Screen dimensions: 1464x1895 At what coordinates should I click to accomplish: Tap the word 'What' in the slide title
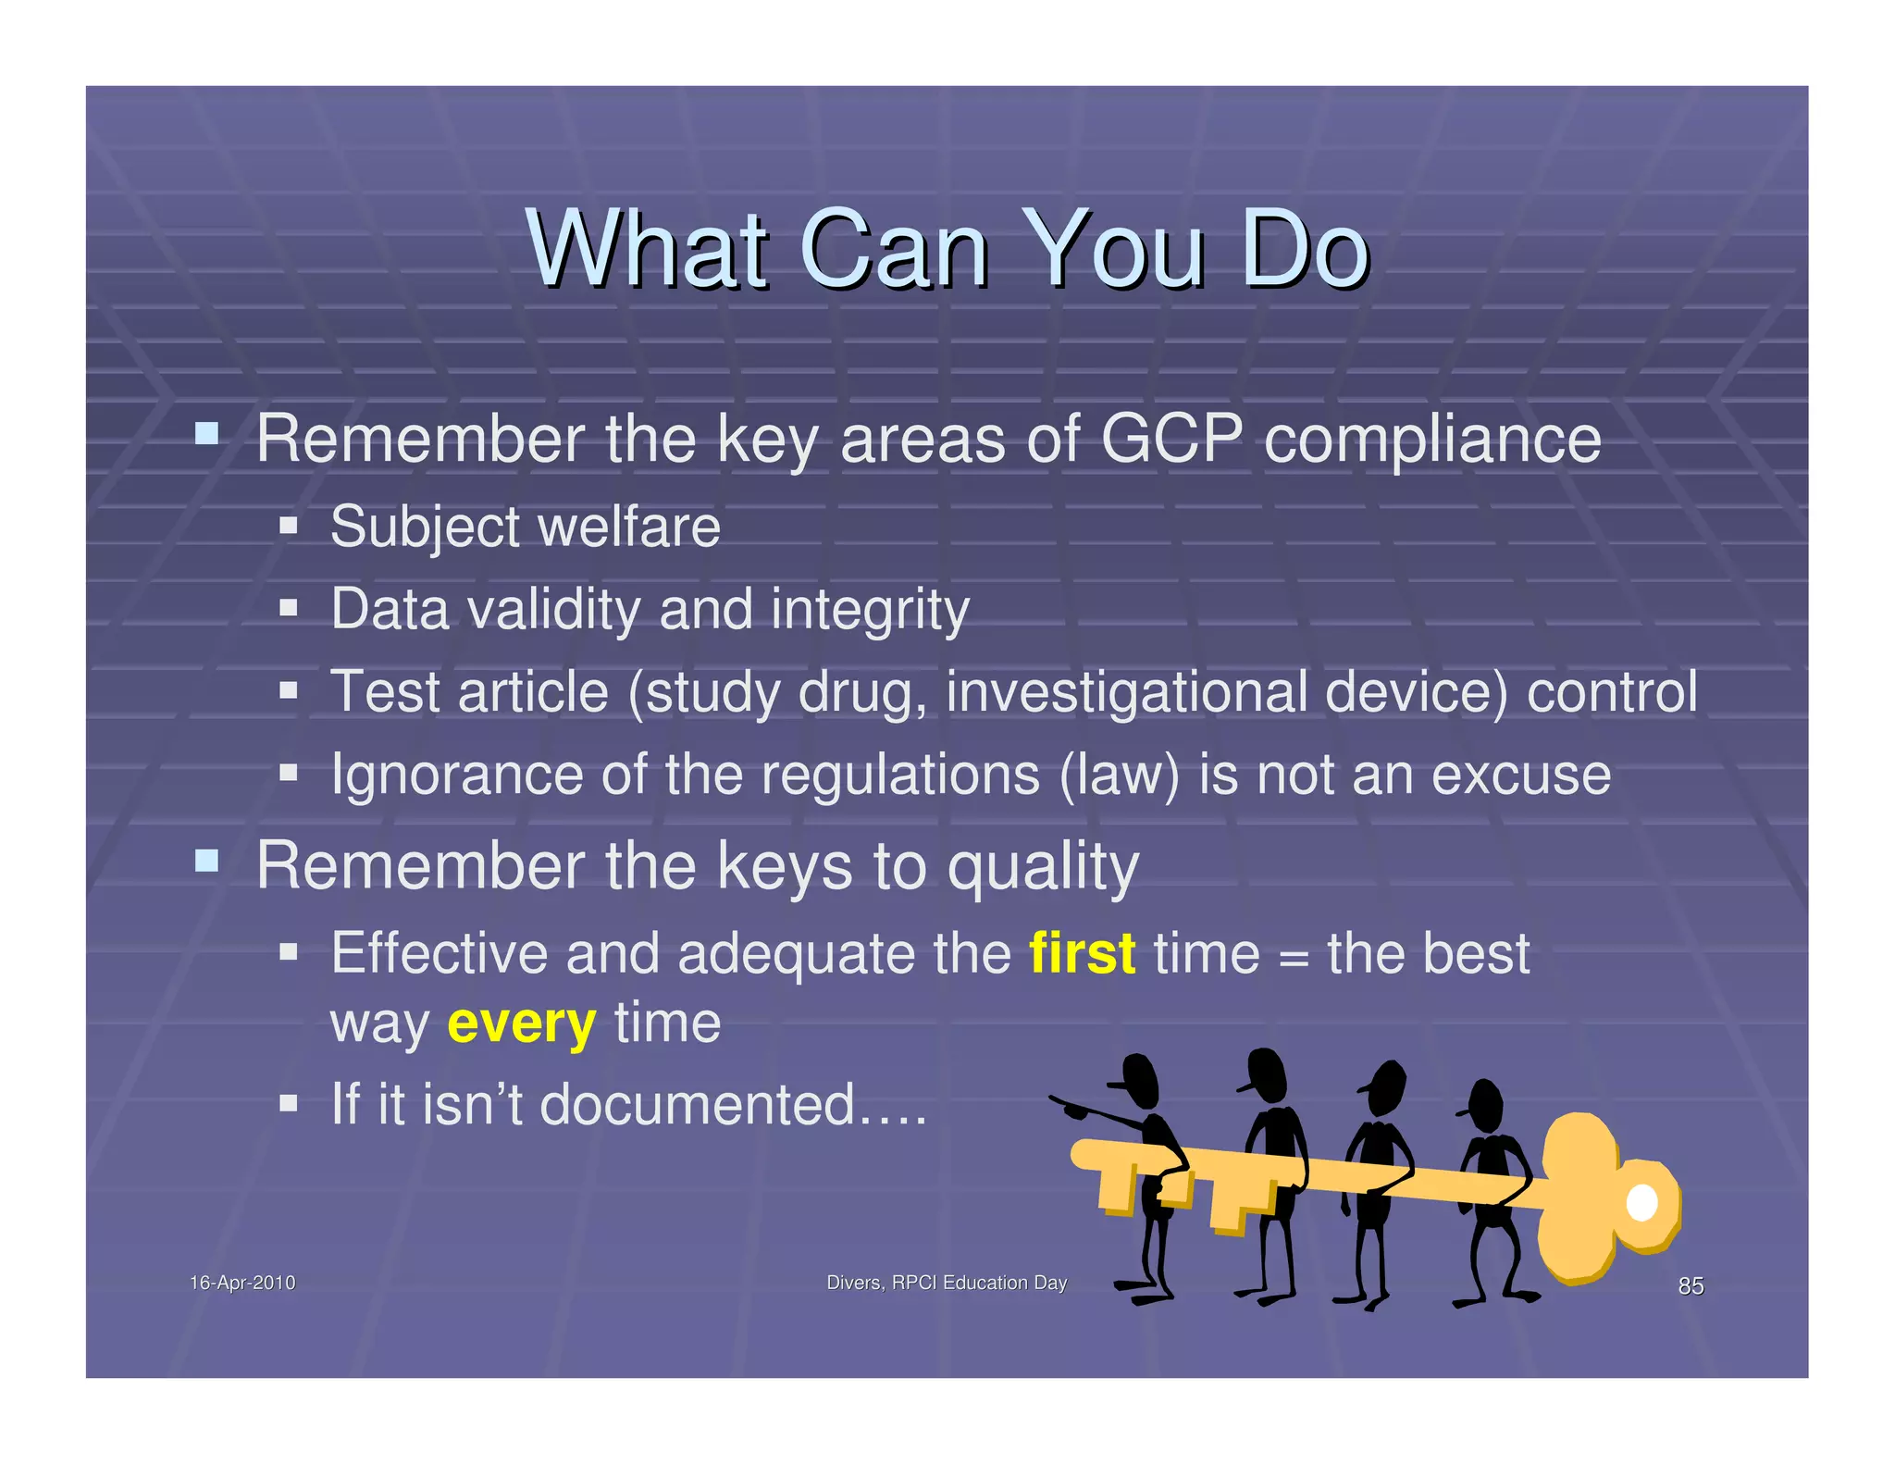pos(648,250)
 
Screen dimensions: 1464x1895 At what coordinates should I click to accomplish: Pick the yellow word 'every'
pos(521,1024)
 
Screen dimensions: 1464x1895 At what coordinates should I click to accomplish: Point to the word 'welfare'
pos(628,527)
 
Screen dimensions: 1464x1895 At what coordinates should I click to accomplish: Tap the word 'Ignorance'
pos(457,775)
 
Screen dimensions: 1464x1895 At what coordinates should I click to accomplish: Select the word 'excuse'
pos(1521,775)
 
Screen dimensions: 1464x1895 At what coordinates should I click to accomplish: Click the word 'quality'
pos(1043,868)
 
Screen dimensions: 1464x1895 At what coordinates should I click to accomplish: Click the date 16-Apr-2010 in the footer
pos(242,1283)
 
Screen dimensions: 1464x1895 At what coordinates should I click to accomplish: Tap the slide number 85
pos(1691,1285)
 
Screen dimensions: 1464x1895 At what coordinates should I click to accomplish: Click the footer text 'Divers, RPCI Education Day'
pos(946,1283)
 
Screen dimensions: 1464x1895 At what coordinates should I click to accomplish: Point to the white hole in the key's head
pos(1641,1203)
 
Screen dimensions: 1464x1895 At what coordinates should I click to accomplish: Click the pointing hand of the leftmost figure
pos(1073,1108)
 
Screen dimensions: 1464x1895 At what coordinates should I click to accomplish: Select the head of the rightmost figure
pos(1485,1105)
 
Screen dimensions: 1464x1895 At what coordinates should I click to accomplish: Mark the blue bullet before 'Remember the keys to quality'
pos(206,862)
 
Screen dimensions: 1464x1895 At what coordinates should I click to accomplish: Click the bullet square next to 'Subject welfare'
pos(289,527)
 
